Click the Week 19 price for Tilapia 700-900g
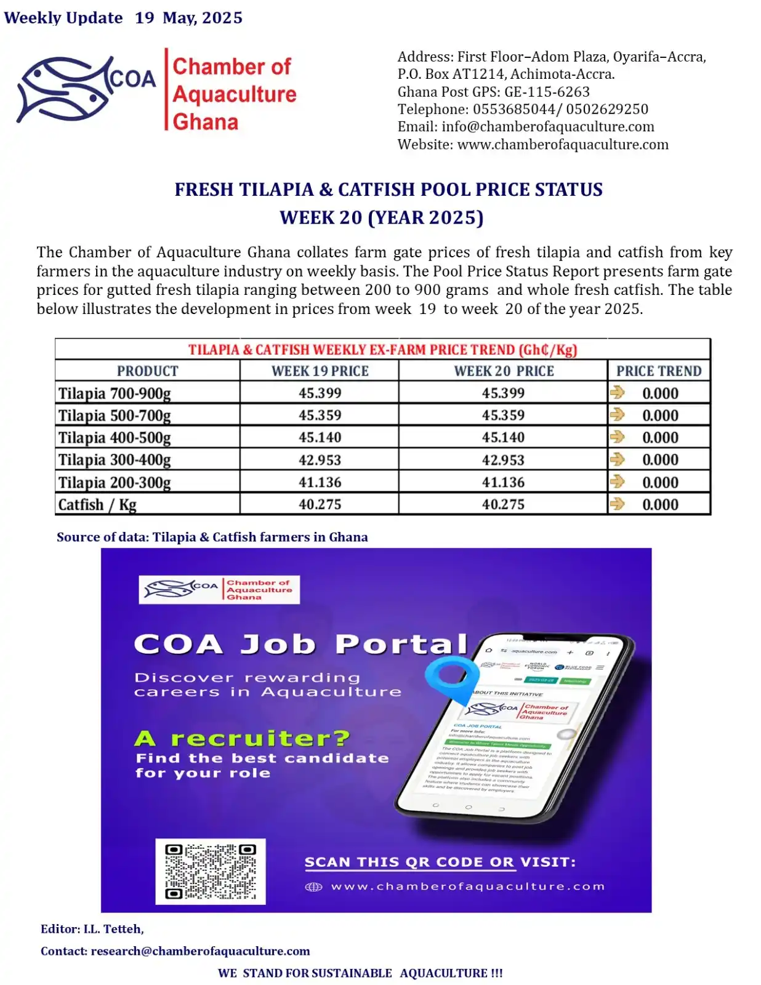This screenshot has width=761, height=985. (x=320, y=393)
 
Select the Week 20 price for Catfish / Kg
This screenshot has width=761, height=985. (x=503, y=504)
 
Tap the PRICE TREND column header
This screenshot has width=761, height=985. (x=659, y=371)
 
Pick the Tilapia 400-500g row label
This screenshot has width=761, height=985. (x=115, y=438)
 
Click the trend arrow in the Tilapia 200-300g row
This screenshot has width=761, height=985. (x=617, y=481)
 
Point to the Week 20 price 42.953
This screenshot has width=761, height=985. (x=503, y=460)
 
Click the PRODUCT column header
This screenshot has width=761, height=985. (x=147, y=371)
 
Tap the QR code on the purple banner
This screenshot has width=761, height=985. (x=211, y=871)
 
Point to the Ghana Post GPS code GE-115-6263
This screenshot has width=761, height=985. (x=547, y=92)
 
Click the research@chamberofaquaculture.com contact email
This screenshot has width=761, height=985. (x=200, y=951)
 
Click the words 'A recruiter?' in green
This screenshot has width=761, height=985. (x=242, y=738)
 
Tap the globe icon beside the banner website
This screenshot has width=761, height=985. (x=314, y=887)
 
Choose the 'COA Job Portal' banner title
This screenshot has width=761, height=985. (x=300, y=644)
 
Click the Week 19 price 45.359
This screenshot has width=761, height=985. (x=320, y=416)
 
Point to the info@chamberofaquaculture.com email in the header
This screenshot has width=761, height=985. (x=547, y=127)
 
